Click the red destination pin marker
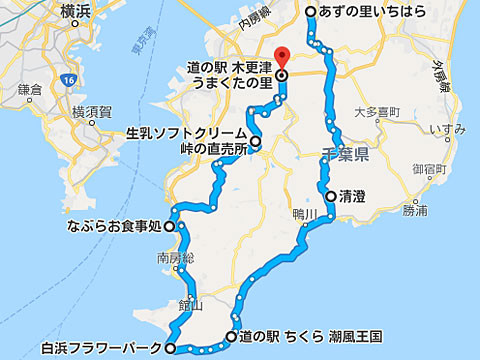point(282,56)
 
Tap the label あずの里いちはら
point(379,12)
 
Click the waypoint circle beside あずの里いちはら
point(310,12)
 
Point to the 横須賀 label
point(91,111)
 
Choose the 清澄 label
point(352,196)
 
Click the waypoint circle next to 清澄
point(330,196)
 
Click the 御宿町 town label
point(441,167)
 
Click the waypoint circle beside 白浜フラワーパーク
point(170,348)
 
